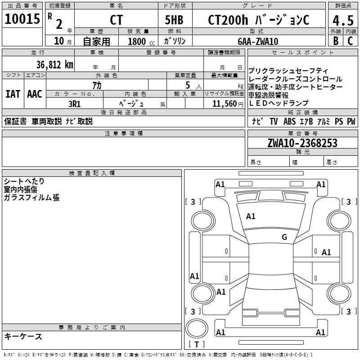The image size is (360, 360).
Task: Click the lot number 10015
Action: click(23, 19)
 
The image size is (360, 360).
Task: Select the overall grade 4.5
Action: click(342, 21)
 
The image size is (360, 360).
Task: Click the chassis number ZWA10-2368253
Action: click(302, 144)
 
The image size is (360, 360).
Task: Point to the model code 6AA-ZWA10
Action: click(258, 41)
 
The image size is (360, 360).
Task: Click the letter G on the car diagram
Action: click(284, 237)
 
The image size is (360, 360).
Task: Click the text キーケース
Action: click(23, 336)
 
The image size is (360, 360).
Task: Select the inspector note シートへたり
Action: click(24, 181)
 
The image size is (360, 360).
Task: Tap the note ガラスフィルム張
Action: click(31, 197)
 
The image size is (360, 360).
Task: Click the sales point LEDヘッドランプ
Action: click(279, 103)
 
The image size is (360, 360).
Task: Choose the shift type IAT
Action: click(13, 94)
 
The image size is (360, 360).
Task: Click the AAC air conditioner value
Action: click(34, 94)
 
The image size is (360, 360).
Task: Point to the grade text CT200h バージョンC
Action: click(259, 21)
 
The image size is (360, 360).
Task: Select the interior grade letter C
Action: click(350, 41)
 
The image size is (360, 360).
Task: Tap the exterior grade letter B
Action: click(335, 41)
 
